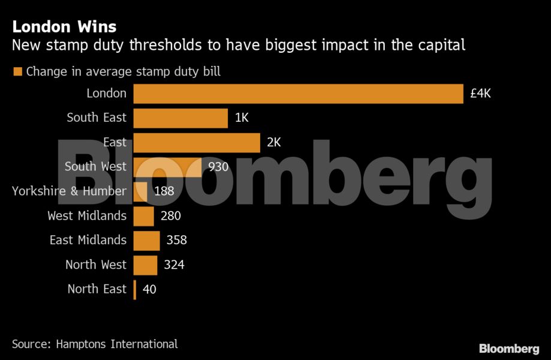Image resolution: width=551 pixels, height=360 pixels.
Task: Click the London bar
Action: (298, 94)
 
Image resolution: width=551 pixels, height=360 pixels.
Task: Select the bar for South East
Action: (180, 118)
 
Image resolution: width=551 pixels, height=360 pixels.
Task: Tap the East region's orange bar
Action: (197, 143)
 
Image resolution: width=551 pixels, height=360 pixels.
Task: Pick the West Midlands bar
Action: (144, 216)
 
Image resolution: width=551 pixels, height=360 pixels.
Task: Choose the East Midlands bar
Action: (146, 241)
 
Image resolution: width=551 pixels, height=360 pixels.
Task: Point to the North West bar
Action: (145, 265)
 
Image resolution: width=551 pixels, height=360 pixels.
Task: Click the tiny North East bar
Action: (135, 289)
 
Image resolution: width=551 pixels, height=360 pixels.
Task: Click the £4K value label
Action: (481, 94)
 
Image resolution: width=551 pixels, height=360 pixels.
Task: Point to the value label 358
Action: (177, 241)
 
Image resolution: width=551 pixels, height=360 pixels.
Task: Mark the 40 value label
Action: (149, 289)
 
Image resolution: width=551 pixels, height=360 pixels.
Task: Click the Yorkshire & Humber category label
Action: (69, 191)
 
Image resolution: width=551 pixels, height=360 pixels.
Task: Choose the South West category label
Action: (95, 167)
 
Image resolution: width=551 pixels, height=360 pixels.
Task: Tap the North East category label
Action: (97, 289)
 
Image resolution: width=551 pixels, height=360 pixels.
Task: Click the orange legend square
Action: (17, 72)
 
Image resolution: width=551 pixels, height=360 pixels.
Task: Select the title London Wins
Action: (64, 27)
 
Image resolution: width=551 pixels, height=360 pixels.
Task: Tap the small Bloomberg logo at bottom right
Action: (509, 349)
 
